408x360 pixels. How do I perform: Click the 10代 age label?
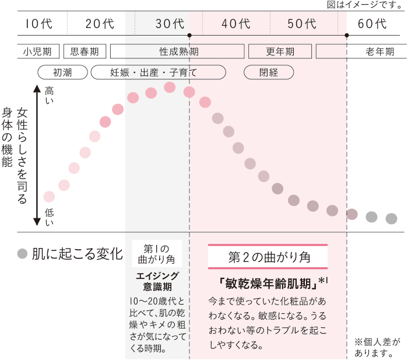tap(39, 24)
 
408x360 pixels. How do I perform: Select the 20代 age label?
tap(100, 24)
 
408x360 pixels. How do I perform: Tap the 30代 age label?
tap(170, 24)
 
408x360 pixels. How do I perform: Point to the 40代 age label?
tap(236, 24)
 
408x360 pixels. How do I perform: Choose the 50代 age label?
tap(302, 24)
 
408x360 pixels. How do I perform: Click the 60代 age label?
tap(372, 24)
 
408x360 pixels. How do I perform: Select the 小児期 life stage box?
tap(38, 51)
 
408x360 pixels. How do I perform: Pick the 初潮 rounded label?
tap(62, 72)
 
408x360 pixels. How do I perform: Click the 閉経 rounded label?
tap(269, 72)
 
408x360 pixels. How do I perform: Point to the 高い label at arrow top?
tap(49, 95)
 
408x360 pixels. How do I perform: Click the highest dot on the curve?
tap(170, 88)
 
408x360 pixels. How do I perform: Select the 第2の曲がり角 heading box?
tap(268, 257)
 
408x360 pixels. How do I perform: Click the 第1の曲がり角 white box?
tap(157, 253)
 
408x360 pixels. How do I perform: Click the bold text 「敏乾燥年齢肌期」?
tap(269, 284)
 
